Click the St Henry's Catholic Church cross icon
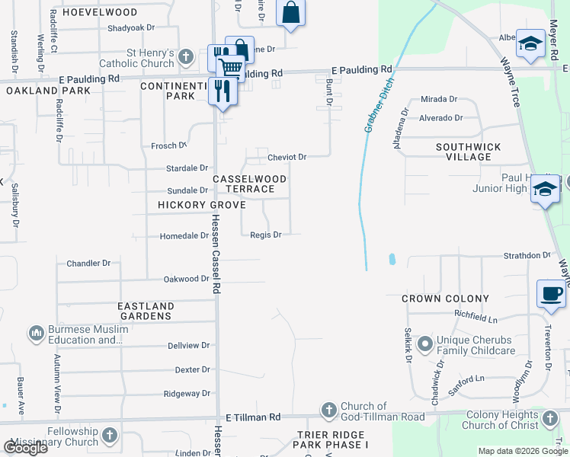tap(185, 56)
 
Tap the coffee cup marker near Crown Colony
tap(551, 292)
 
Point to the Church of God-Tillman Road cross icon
tap(328, 411)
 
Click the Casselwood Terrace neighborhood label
tap(250, 184)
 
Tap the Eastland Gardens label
tap(146, 311)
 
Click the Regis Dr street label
tap(266, 235)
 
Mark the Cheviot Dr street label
tap(287, 157)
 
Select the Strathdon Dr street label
tap(527, 255)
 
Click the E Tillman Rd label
tap(254, 417)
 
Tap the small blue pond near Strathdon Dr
tap(392, 259)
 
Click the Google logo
tap(25, 447)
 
